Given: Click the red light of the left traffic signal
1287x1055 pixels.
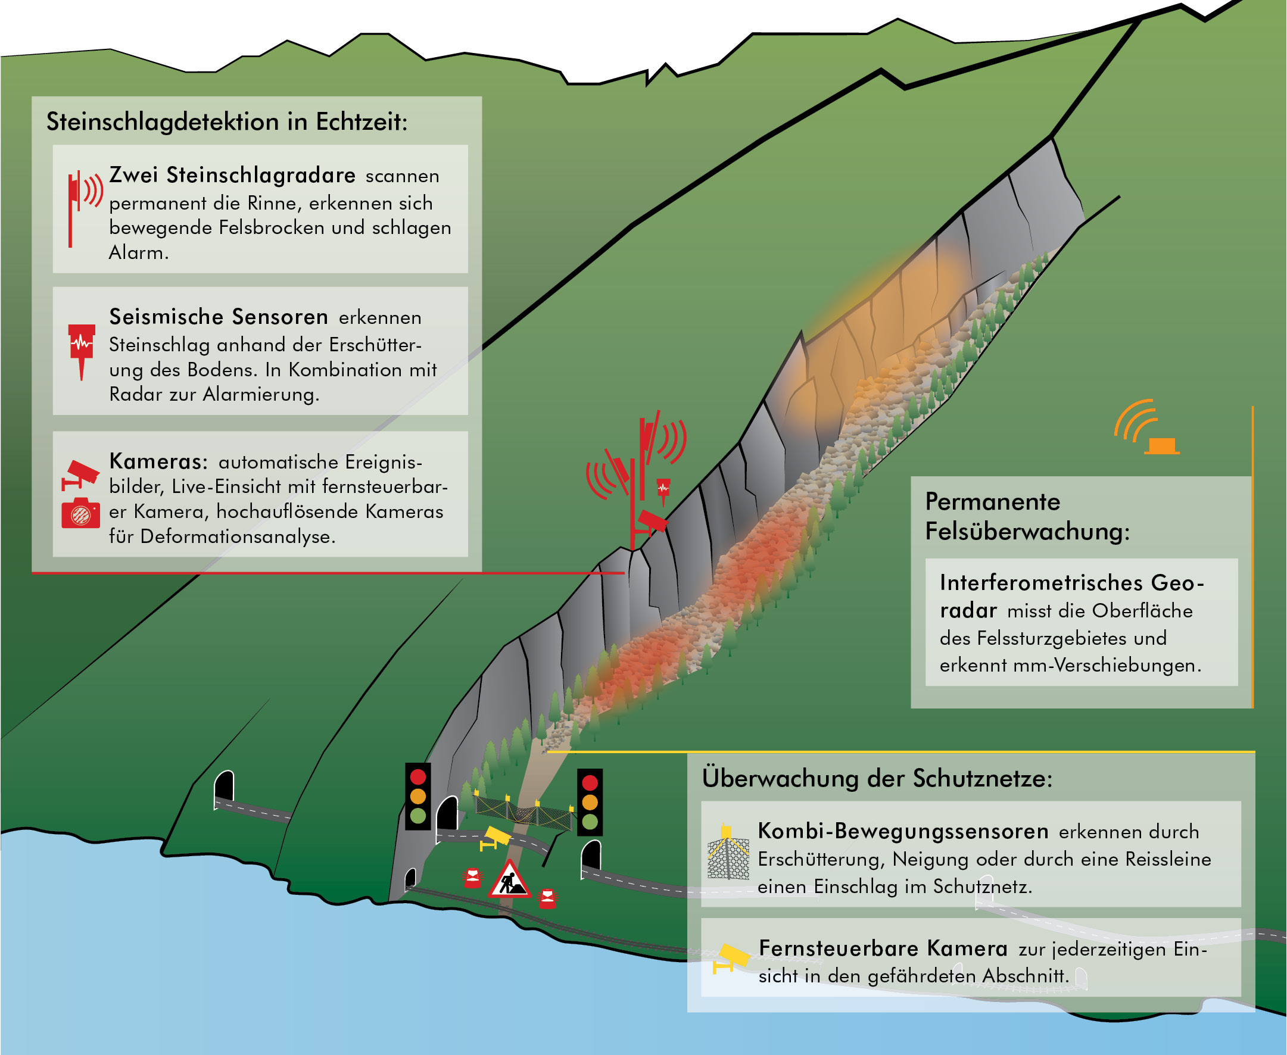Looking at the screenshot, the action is (x=418, y=777).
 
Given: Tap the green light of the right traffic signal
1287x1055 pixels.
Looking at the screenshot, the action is (x=590, y=822).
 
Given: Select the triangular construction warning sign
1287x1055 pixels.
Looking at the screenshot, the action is (x=509, y=879).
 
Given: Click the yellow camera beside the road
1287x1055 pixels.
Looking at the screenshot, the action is (x=496, y=839).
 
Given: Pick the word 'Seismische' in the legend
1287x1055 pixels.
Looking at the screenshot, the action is (x=167, y=317).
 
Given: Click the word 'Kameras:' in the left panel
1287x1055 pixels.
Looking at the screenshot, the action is (x=158, y=461).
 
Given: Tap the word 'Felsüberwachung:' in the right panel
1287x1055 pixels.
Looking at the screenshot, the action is (x=1027, y=532).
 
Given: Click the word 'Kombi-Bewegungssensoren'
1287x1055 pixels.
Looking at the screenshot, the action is (x=903, y=831).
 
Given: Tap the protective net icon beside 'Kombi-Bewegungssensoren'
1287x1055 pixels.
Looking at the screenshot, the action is (x=728, y=852).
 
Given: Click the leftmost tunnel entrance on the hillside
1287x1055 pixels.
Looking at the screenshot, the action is (x=225, y=787).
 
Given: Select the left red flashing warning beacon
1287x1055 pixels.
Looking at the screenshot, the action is (x=472, y=878).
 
